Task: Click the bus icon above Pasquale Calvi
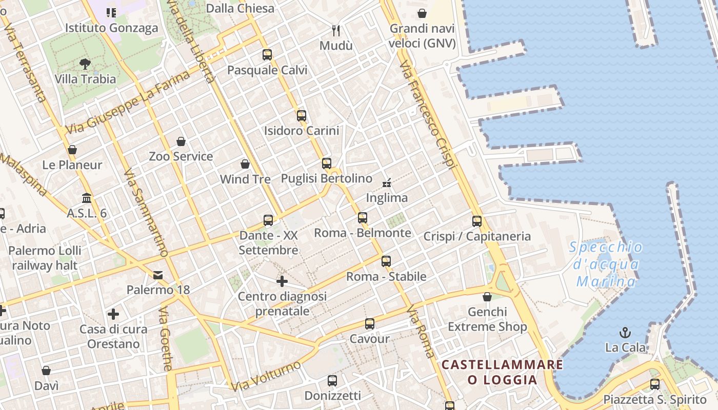coord(267,55)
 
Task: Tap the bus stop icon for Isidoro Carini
coord(302,116)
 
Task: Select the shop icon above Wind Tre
coord(245,164)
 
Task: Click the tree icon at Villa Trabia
coord(85,64)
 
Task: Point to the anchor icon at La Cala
coord(625,333)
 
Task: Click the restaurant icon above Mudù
coord(336,31)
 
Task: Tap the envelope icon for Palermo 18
coord(158,275)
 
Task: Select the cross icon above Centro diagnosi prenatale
coord(282,281)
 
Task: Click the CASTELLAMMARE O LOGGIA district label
coord(502,372)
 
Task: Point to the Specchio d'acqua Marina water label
coord(606,264)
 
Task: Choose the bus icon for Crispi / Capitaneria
coord(477,221)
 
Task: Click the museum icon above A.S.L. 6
coord(87,198)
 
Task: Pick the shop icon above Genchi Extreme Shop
coord(487,297)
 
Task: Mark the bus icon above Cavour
coord(370,324)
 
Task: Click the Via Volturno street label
coord(266,376)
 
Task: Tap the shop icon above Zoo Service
coord(181,141)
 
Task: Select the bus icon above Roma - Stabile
coord(386,261)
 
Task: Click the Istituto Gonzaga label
coord(111,28)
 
